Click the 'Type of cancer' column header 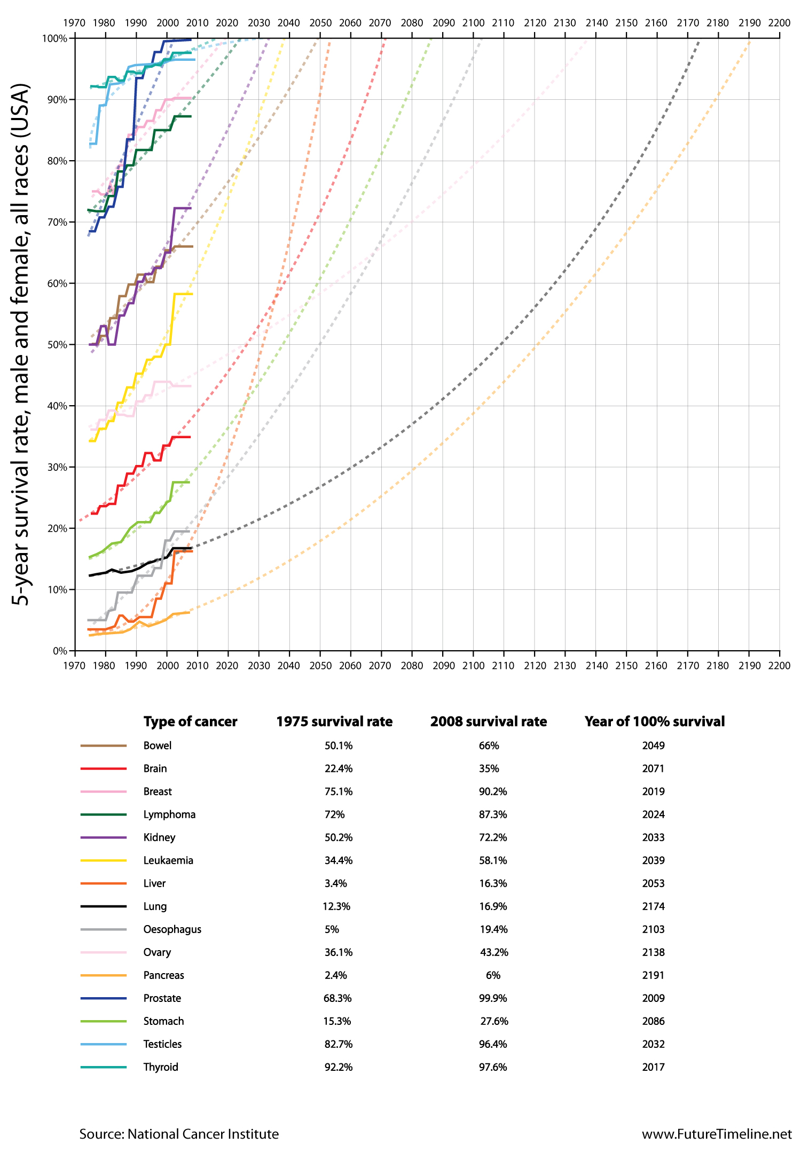(190, 722)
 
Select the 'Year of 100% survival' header (655, 722)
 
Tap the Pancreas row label (163, 975)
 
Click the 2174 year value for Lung (653, 906)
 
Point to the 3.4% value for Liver (336, 883)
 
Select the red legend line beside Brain (104, 769)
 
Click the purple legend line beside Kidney (104, 838)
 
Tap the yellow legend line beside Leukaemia (104, 860)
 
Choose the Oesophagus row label (172, 929)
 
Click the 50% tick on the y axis (57, 345)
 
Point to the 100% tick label (54, 38)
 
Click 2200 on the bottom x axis (779, 666)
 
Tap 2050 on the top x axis (320, 23)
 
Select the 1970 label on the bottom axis (75, 666)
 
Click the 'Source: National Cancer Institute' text (179, 1134)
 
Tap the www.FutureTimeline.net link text (717, 1134)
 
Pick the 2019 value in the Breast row (653, 792)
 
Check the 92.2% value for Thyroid (338, 1067)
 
